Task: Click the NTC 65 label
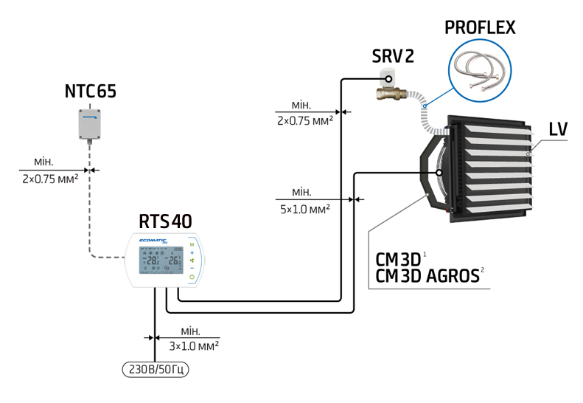(91, 92)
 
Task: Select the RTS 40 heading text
(167, 221)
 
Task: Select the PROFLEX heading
(480, 28)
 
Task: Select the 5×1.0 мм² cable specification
(304, 209)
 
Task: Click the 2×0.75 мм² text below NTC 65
(50, 179)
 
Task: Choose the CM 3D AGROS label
(427, 276)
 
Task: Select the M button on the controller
(192, 244)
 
